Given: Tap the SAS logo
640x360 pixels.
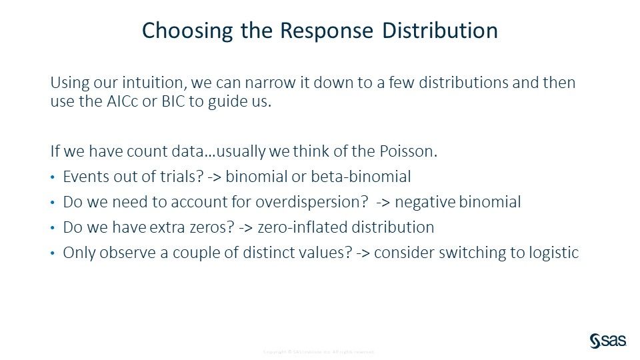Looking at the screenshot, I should (x=607, y=341).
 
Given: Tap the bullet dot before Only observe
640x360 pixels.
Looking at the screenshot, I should (x=53, y=253).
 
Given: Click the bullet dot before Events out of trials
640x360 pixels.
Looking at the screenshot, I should (x=53, y=177).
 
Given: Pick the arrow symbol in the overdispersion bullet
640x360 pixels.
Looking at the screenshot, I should (x=383, y=202).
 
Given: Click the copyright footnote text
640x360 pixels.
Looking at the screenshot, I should (x=319, y=351).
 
